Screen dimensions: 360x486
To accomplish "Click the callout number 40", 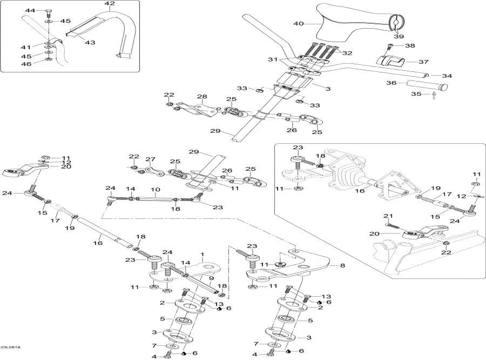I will click(299, 24).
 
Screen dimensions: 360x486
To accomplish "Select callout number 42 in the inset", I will click(110, 4).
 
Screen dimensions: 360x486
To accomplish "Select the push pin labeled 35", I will click(434, 97).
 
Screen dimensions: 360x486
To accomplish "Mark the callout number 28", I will click(202, 97).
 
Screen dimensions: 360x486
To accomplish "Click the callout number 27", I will click(150, 159).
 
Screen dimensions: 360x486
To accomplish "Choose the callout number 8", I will click(342, 265).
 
